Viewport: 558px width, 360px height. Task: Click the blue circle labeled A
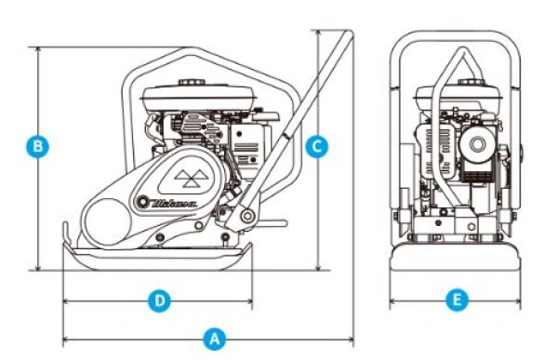point(215,339)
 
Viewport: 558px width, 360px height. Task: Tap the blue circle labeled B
point(37,146)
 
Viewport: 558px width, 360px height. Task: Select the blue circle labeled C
point(317,146)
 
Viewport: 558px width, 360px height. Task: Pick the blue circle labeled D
point(160,300)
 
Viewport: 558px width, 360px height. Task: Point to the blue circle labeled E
point(456,300)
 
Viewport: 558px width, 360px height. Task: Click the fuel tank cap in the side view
point(194,81)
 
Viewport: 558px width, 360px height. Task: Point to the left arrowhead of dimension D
point(65,300)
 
